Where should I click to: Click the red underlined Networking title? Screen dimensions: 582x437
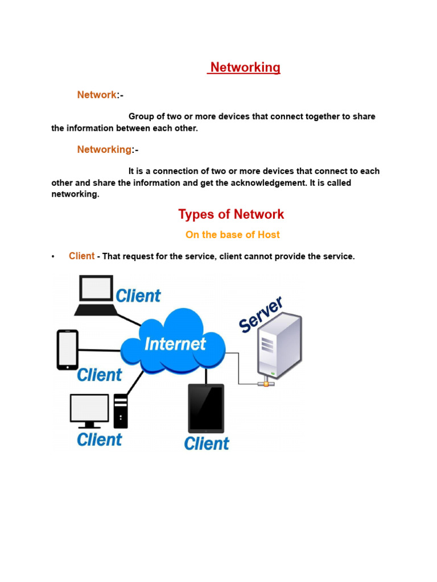point(245,68)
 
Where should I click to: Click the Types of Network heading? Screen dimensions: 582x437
point(231,214)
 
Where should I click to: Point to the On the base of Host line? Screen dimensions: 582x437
point(232,235)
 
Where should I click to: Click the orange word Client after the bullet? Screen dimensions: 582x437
point(82,256)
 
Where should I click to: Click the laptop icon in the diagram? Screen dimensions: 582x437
point(96,295)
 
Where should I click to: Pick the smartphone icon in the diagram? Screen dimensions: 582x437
point(67,350)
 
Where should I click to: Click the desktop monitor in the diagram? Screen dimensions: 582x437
point(89,410)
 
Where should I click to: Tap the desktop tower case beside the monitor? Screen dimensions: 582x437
point(121,411)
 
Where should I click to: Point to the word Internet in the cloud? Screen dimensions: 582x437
point(175,343)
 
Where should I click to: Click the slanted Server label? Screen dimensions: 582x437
point(261,314)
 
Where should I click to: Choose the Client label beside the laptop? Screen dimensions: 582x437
point(138,296)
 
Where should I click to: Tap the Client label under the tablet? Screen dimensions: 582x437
point(207,443)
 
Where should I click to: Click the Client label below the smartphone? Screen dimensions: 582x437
point(100,375)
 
